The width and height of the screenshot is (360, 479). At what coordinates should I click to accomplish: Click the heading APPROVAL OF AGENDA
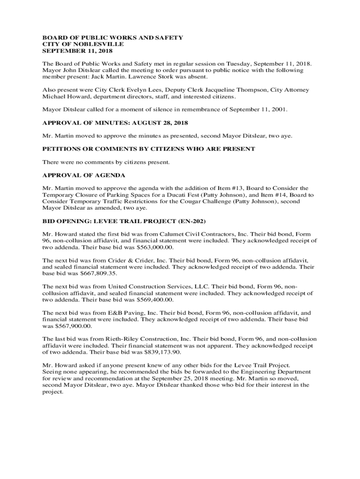click(x=84, y=175)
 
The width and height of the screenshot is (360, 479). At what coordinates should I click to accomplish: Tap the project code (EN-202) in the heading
click(x=194, y=221)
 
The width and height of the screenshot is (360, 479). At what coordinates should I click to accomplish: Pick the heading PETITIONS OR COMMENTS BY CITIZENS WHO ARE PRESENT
click(x=149, y=149)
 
